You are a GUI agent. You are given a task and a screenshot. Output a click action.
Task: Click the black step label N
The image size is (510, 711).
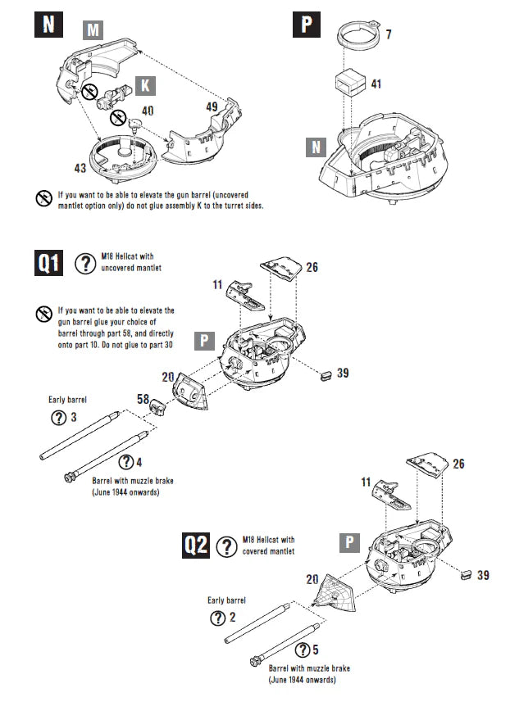click(x=48, y=23)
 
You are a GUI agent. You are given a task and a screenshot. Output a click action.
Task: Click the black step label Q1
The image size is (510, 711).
click(x=52, y=265)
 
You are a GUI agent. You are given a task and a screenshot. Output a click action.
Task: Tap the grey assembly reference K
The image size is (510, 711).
click(x=145, y=85)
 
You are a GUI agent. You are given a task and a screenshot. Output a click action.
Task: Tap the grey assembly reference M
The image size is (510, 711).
click(x=94, y=30)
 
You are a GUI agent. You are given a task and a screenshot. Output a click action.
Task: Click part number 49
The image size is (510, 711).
click(x=212, y=106)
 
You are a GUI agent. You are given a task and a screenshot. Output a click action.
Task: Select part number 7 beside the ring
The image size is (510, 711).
click(x=389, y=35)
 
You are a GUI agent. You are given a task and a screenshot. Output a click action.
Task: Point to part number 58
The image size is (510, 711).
click(x=143, y=398)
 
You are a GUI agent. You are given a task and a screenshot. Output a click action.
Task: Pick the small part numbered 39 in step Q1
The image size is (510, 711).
click(x=325, y=374)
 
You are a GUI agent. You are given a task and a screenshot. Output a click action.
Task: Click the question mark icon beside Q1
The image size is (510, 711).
click(x=85, y=264)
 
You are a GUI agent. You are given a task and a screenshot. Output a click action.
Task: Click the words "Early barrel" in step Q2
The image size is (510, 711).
click(x=227, y=600)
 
